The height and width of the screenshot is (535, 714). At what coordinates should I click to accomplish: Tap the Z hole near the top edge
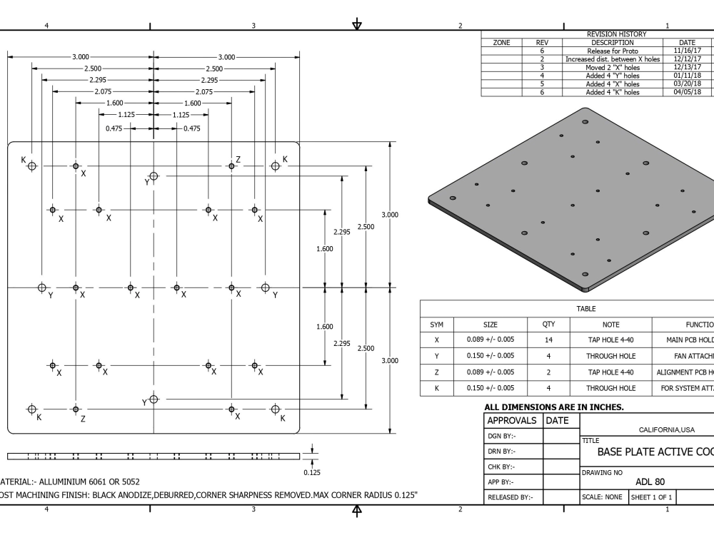click(231, 166)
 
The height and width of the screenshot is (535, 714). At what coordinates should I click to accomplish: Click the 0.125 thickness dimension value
click(311, 472)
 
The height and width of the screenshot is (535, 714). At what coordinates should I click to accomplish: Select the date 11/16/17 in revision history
click(687, 51)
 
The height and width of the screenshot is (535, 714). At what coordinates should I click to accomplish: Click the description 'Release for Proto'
click(613, 51)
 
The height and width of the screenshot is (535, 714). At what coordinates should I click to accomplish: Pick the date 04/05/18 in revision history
click(687, 91)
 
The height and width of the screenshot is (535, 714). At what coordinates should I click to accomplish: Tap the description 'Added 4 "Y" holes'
click(613, 75)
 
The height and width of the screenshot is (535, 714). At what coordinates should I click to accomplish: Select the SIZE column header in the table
click(491, 324)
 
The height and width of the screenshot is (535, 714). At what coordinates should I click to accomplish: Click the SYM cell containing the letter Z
click(436, 372)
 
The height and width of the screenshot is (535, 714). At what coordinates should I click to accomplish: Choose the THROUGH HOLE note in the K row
click(610, 388)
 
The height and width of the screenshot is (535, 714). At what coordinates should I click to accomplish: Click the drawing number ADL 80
click(650, 481)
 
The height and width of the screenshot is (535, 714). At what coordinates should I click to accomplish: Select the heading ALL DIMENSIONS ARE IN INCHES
click(544, 407)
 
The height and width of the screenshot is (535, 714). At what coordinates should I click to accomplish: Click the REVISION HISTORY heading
click(615, 34)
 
